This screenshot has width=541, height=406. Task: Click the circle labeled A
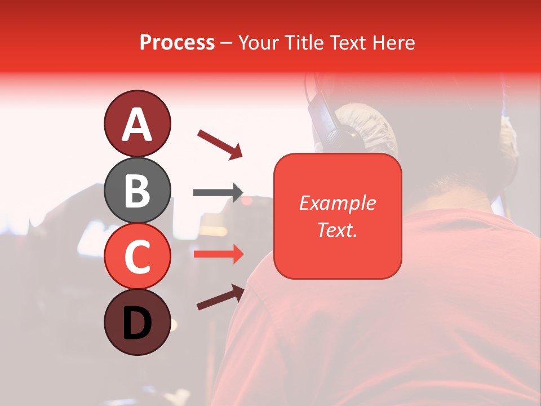[137, 123]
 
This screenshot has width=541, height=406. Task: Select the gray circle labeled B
[137, 190]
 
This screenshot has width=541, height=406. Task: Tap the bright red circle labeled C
[137, 256]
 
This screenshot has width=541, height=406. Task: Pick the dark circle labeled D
[137, 323]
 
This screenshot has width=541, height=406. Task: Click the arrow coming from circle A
[220, 144]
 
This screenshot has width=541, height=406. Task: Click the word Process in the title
[177, 42]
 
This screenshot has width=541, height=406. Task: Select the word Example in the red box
[337, 203]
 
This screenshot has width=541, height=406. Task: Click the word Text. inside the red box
[337, 230]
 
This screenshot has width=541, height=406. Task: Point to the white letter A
[137, 125]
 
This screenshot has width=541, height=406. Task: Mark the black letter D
[137, 324]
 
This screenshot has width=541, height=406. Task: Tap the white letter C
[137, 257]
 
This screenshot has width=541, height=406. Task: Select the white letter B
[137, 191]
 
